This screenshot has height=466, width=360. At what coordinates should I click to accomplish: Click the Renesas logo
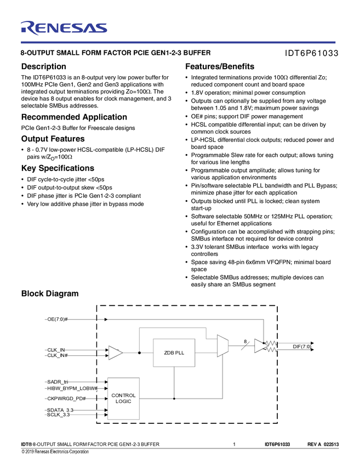[64, 27]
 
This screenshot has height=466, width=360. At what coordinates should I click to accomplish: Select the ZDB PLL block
[174, 353]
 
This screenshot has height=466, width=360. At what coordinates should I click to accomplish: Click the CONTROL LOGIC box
[123, 399]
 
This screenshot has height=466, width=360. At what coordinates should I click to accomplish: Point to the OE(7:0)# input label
[57, 319]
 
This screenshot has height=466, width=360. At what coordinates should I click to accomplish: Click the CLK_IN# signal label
[58, 356]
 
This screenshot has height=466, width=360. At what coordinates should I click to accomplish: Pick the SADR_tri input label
[58, 381]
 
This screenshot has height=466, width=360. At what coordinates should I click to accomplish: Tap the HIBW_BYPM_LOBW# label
[72, 388]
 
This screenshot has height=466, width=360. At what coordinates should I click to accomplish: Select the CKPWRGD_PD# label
[66, 398]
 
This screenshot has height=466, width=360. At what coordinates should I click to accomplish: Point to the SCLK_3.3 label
[58, 415]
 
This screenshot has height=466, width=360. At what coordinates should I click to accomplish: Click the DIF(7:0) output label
[302, 346]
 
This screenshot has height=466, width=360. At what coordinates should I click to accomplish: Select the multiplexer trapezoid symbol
[222, 346]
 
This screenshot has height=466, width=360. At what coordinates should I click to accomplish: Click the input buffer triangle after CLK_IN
[115, 353]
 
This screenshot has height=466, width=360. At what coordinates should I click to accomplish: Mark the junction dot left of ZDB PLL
[139, 353]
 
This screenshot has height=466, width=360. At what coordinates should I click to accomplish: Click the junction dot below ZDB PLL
[174, 399]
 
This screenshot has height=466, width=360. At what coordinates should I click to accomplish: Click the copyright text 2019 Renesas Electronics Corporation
[55, 452]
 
